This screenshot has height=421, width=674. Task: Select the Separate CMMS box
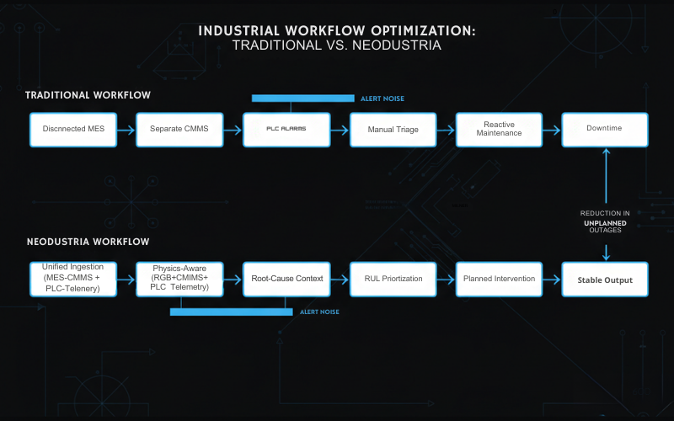pos(179,130)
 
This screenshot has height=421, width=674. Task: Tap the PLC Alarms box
pos(286,130)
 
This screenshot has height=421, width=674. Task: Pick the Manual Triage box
pos(393,130)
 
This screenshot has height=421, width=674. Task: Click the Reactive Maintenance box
pos(499,130)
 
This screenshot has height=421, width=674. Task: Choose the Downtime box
pos(605,130)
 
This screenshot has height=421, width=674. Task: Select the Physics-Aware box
pos(179,279)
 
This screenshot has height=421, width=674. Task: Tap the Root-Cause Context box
pos(286,279)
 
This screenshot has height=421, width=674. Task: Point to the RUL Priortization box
pos(393,279)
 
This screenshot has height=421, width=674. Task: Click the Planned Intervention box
pos(499,279)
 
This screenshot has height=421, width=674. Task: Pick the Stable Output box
pos(605,279)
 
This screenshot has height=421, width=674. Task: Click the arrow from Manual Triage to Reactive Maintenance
pos(446,130)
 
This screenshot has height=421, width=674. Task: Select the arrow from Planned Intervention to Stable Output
pos(552,279)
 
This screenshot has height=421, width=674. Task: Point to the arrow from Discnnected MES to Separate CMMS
pos(126,130)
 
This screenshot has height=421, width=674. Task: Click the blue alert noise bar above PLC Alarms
pos(302,99)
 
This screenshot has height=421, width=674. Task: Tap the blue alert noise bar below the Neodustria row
pos(232,312)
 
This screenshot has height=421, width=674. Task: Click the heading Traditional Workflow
pos(88,95)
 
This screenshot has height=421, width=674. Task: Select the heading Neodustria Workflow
pos(88,242)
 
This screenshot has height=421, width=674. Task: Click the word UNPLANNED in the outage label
pos(605,223)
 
